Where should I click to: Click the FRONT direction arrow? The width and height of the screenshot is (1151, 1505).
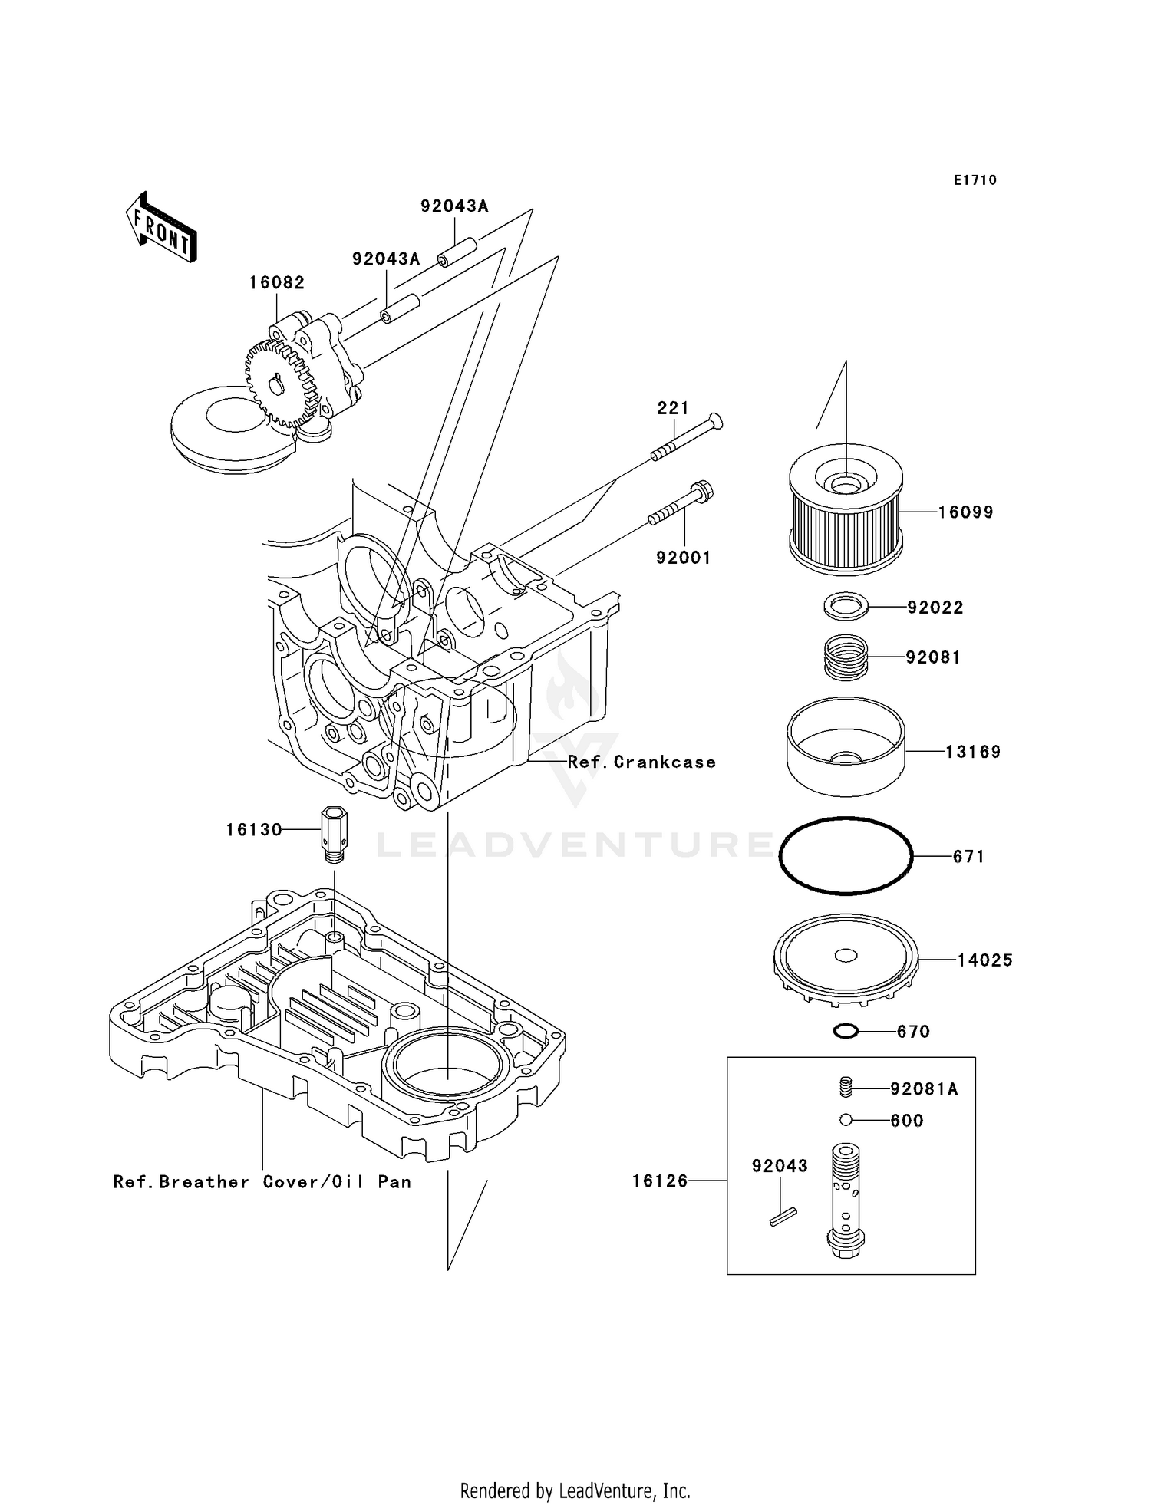(162, 228)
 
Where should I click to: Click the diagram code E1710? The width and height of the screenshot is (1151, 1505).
(975, 180)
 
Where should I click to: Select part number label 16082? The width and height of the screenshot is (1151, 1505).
(276, 282)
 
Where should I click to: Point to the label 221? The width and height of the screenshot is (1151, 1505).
(672, 408)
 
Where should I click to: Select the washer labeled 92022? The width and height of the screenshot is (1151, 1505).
(846, 606)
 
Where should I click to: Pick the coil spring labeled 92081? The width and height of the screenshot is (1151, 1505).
(846, 657)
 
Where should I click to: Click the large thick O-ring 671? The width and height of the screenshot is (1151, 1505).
(846, 855)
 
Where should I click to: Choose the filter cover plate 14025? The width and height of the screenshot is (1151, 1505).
(846, 959)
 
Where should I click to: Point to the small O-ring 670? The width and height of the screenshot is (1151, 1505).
(846, 1032)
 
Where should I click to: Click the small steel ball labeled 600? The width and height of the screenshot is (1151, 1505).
(846, 1120)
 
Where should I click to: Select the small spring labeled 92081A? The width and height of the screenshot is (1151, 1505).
(846, 1087)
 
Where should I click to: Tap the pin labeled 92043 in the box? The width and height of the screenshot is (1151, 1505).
(783, 1217)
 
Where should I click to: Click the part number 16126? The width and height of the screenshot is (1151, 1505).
(660, 1181)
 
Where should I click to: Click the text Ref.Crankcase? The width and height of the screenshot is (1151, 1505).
(641, 762)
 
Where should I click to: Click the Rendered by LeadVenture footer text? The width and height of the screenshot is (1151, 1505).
(575, 1490)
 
